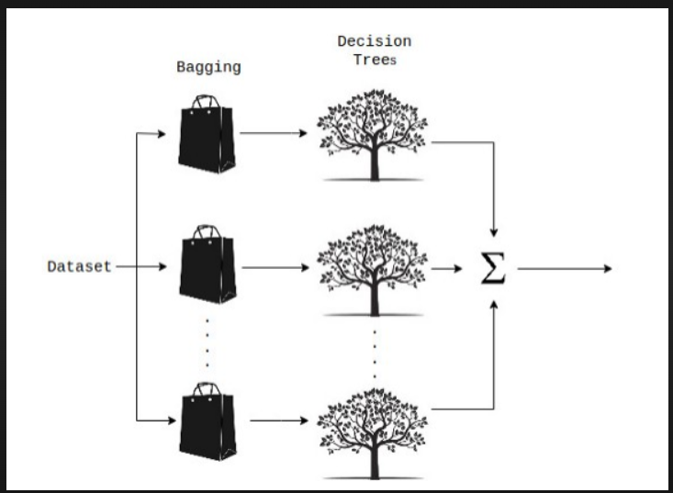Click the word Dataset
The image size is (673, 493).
point(79,267)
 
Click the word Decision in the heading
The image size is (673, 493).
point(374,41)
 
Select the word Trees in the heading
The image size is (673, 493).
point(375,60)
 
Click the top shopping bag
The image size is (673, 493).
point(207,135)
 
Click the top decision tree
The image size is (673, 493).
point(373,133)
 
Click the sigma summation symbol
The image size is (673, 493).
point(493,269)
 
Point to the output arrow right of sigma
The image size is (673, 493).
point(565,269)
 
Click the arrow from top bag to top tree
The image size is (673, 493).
point(274,134)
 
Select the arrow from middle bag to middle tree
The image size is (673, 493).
point(275,269)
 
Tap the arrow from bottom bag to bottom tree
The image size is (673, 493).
point(279,420)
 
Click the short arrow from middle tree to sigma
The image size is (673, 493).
point(446,269)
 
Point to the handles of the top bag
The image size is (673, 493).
point(207,100)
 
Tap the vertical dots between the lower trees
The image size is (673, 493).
point(374,351)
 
